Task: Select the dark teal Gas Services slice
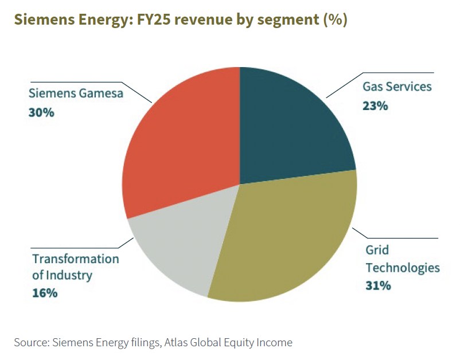[293, 126]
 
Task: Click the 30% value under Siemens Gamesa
[41, 112]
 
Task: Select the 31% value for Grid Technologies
[378, 285]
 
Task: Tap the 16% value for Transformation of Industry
[45, 293]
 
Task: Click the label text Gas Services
[397, 87]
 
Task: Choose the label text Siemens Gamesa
[76, 94]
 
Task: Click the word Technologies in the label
[403, 268]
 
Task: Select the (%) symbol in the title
[335, 19]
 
